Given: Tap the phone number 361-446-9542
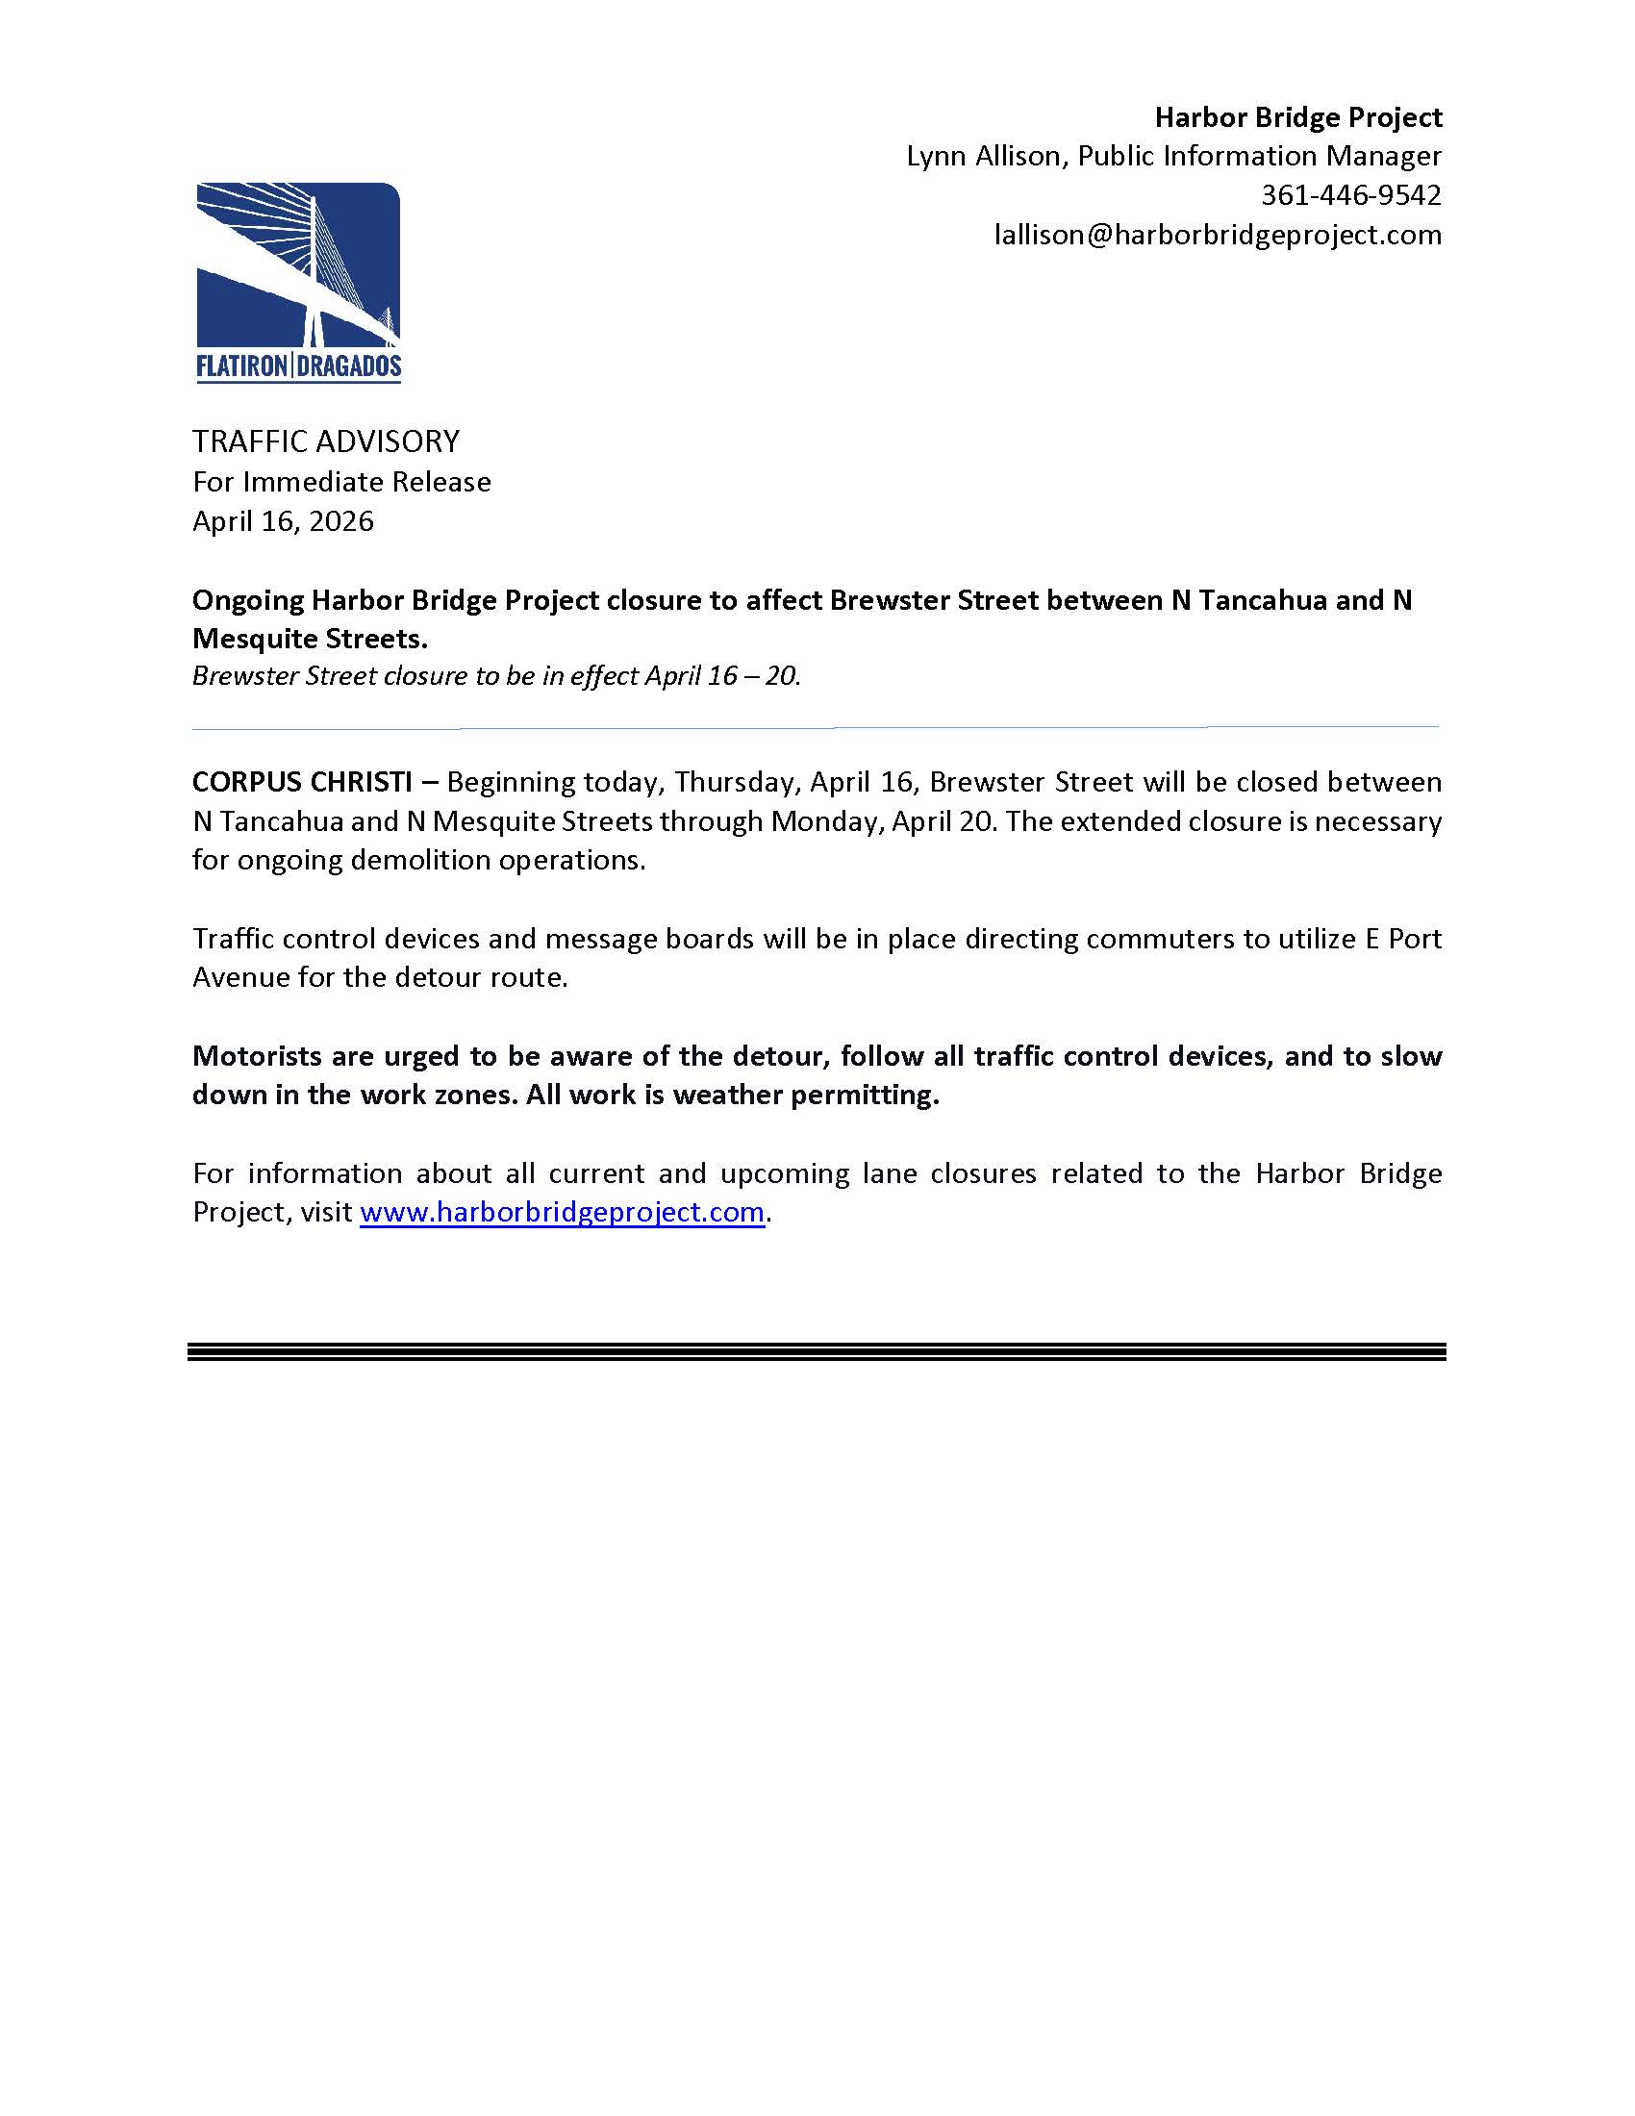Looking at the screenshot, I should tap(1350, 195).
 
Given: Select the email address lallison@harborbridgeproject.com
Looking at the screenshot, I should tap(1218, 236).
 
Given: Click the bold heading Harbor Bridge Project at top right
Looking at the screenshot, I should tap(1298, 117).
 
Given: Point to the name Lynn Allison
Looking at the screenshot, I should tap(983, 156).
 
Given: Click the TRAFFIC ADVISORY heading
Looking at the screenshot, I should tap(326, 441).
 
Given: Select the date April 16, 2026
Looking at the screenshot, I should tap(283, 521).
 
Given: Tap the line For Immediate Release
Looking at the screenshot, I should tap(341, 482).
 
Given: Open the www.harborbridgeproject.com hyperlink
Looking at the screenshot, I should tap(562, 1212).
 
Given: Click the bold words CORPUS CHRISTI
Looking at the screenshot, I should tap(302, 781).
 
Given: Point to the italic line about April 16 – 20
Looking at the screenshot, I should tap(496, 675).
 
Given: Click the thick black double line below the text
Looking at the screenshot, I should tap(817, 1352).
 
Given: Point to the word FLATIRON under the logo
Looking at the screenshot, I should tap(242, 366).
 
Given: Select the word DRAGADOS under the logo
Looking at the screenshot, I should tap(349, 366).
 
